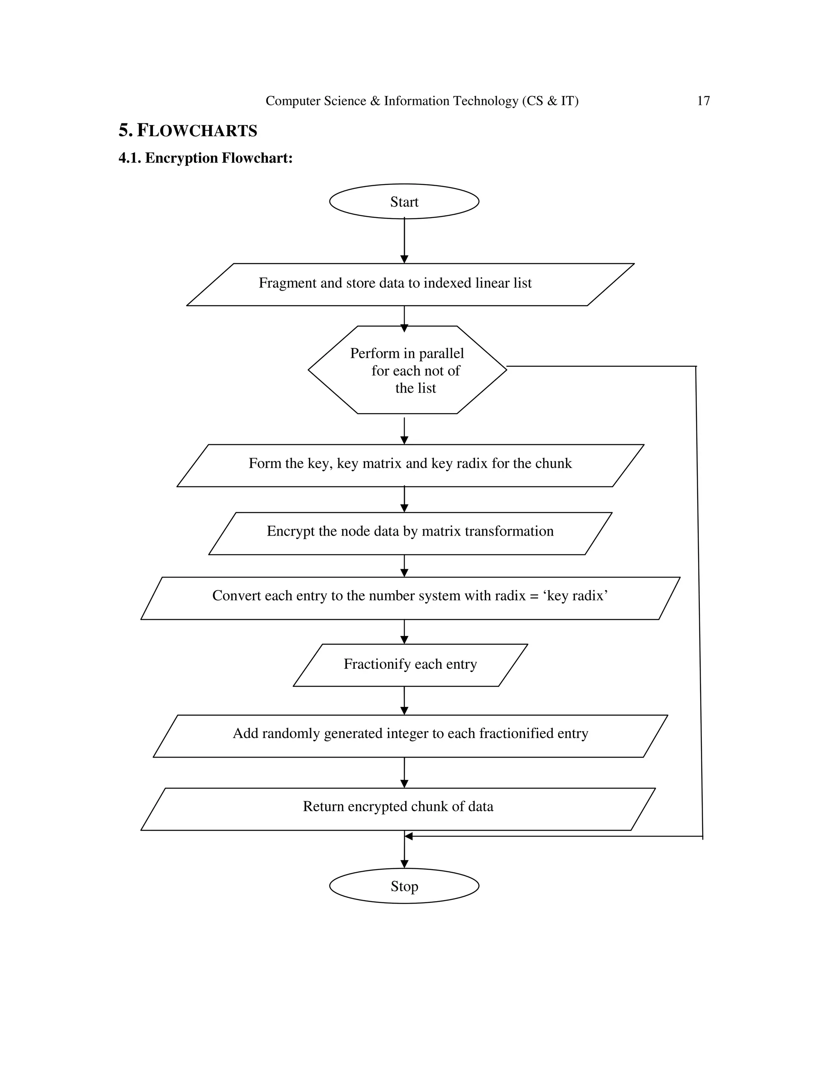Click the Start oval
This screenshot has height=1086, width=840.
pos(404,201)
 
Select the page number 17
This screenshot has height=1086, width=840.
pos(703,101)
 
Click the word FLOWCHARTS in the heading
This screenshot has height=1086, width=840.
pos(197,131)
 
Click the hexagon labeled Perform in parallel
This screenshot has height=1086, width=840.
pos(407,370)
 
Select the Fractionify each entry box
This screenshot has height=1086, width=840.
pos(410,664)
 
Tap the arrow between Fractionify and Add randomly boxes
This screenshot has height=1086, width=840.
pos(404,701)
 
